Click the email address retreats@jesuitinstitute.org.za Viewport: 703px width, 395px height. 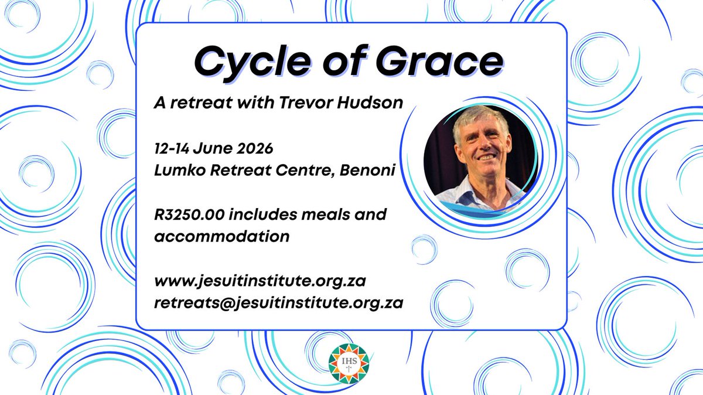coord(278,304)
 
